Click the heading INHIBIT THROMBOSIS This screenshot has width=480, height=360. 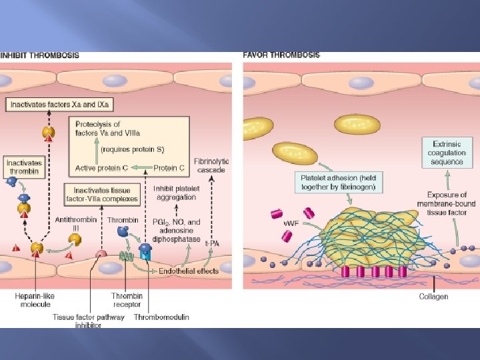pos(39,55)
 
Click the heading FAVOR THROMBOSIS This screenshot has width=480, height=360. pos(281,55)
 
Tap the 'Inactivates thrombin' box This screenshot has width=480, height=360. pos(24,167)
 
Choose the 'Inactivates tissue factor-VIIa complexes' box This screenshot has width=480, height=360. pos(102,195)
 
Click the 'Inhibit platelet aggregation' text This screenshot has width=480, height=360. pos(175,193)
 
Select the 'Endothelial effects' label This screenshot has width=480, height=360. pos(189,271)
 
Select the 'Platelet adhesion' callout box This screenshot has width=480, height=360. pos(338,182)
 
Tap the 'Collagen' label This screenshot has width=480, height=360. pos(433,296)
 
